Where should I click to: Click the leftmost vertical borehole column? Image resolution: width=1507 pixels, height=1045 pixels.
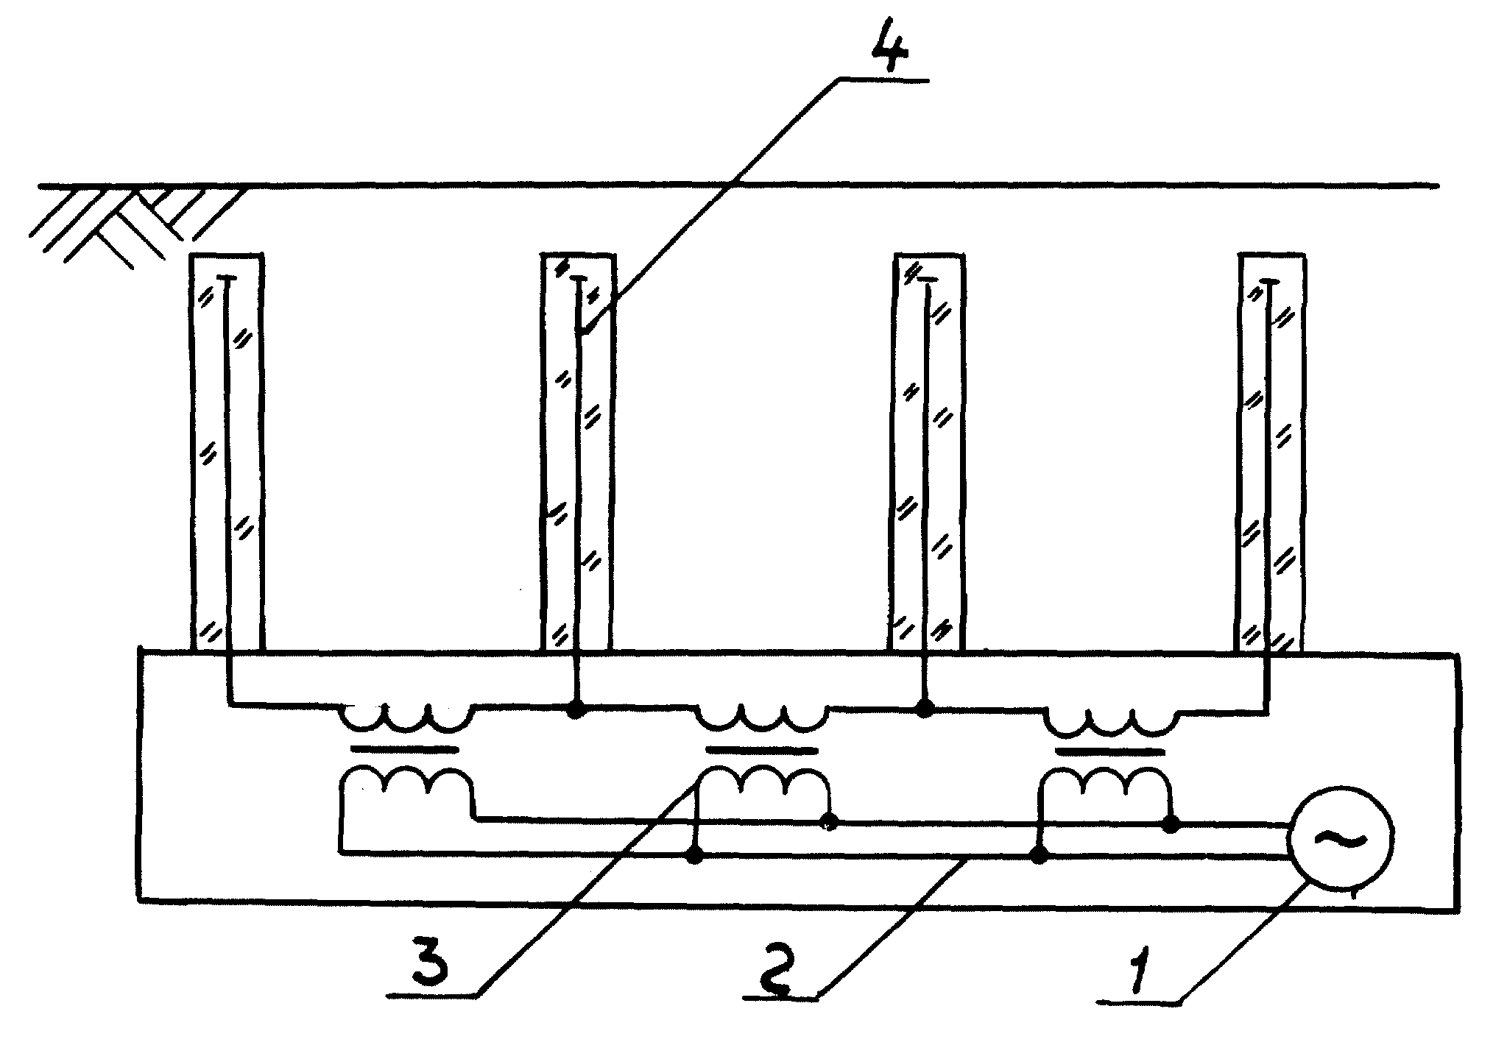[x=227, y=452]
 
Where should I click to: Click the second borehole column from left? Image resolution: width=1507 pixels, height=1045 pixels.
[x=578, y=452]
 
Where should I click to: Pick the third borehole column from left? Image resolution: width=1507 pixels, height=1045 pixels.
[x=928, y=452]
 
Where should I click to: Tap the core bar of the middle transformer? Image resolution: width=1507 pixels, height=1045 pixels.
[x=761, y=751]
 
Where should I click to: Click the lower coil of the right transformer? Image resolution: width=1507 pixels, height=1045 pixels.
[x=1105, y=784]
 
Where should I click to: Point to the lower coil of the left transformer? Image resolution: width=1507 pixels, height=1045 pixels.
[x=406, y=783]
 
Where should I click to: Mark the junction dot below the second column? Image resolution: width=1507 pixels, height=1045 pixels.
[x=577, y=709]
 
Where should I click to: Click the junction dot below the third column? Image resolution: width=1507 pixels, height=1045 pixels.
[x=925, y=708]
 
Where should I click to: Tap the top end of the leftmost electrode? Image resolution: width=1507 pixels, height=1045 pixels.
[x=227, y=277]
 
